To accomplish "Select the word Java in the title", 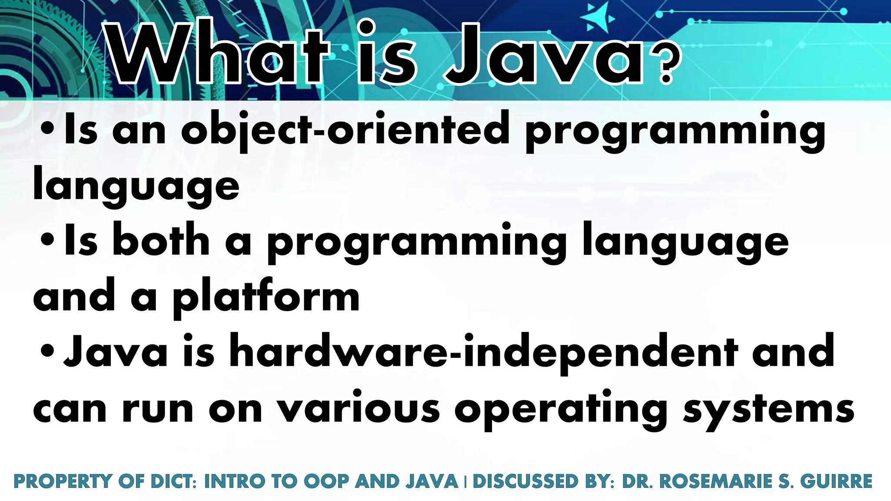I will [x=544, y=54].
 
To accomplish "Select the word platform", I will [x=266, y=298].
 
